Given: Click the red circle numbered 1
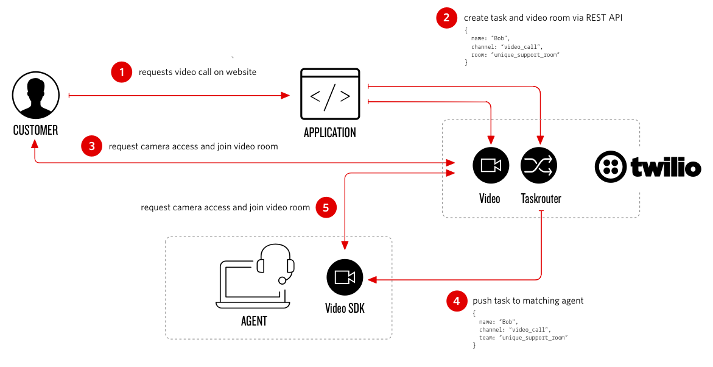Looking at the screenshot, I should pyautogui.click(x=122, y=72).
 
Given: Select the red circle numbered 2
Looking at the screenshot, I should pyautogui.click(x=447, y=18).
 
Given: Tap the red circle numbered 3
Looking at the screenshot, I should pyautogui.click(x=92, y=146).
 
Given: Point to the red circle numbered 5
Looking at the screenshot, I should pyautogui.click(x=326, y=208).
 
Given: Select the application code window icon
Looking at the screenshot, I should pyautogui.click(x=330, y=94).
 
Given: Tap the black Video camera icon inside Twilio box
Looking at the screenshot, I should pyautogui.click(x=491, y=165).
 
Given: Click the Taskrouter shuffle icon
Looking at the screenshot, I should pyautogui.click(x=539, y=165).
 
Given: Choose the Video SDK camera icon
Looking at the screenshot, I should pyautogui.click(x=345, y=277).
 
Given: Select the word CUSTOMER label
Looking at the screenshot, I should pyautogui.click(x=36, y=130).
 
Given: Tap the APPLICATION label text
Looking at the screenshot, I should pyautogui.click(x=330, y=132).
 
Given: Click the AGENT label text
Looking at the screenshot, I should pyautogui.click(x=254, y=321).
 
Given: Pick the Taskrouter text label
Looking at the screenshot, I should pyautogui.click(x=541, y=199).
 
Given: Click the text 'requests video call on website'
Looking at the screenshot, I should pyautogui.click(x=197, y=72).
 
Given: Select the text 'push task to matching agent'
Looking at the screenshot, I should pyautogui.click(x=528, y=301).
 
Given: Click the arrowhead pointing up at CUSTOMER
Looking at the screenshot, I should pyautogui.click(x=35, y=144).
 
